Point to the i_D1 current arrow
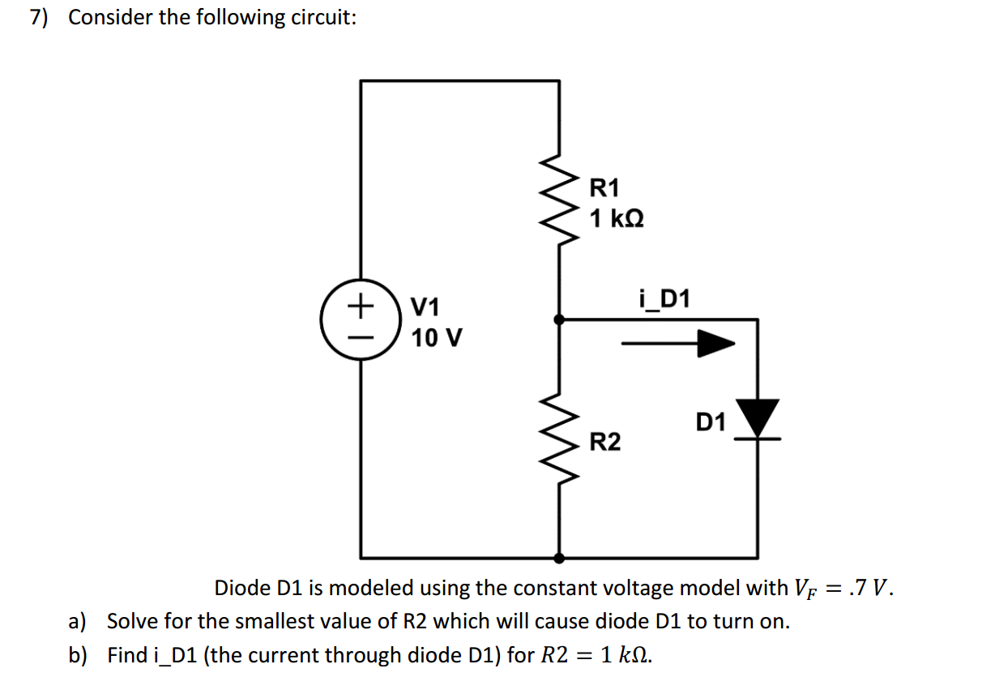coord(677,344)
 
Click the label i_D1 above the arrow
coord(665,300)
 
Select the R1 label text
coord(604,188)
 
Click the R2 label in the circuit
coord(605,442)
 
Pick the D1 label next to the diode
coord(711,422)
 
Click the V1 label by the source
coord(425,307)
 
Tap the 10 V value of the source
coord(437,337)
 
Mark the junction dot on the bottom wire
coord(559,558)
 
